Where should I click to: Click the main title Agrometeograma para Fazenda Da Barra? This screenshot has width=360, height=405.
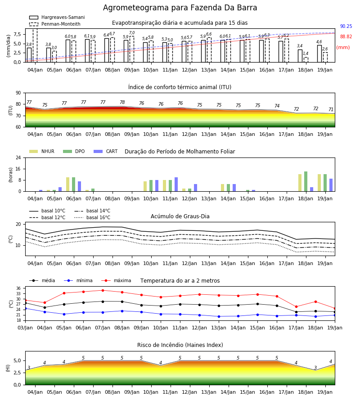pyautogui.click(x=180, y=8)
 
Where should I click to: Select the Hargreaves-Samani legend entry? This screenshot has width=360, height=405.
pyautogui.click(x=57, y=17)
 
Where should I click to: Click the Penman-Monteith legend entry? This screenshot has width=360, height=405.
pyautogui.click(x=55, y=24)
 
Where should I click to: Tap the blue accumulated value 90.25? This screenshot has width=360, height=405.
pyautogui.click(x=346, y=27)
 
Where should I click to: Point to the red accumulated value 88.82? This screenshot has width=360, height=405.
pyautogui.click(x=346, y=37)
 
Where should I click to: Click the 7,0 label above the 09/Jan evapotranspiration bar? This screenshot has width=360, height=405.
pyautogui.click(x=132, y=33)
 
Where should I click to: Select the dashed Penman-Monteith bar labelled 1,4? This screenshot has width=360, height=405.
pyautogui.click(x=306, y=60)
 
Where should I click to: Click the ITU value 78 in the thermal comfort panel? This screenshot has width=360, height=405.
pyautogui.click(x=122, y=102)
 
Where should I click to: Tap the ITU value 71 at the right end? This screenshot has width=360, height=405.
pyautogui.click(x=331, y=109)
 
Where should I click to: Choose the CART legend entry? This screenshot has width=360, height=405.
pyautogui.click(x=106, y=151)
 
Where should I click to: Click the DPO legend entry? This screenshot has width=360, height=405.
pyautogui.click(x=74, y=151)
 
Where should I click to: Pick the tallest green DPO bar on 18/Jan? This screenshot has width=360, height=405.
pyautogui.click(x=306, y=181)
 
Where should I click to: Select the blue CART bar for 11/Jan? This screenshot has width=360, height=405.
pyautogui.click(x=176, y=184)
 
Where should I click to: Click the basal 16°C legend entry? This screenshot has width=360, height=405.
pyautogui.click(x=92, y=217)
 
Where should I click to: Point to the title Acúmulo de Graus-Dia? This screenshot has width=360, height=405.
pyautogui.click(x=180, y=216)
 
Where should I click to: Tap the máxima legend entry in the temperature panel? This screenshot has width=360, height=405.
pyautogui.click(x=117, y=280)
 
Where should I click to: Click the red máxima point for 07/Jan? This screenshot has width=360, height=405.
pyautogui.click(x=103, y=290)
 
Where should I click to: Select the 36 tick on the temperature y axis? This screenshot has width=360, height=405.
pyautogui.click(x=18, y=288)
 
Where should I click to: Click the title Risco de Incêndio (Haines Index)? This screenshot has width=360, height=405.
pyautogui.click(x=180, y=345)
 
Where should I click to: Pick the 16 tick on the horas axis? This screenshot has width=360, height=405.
pyautogui.click(x=18, y=169)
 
